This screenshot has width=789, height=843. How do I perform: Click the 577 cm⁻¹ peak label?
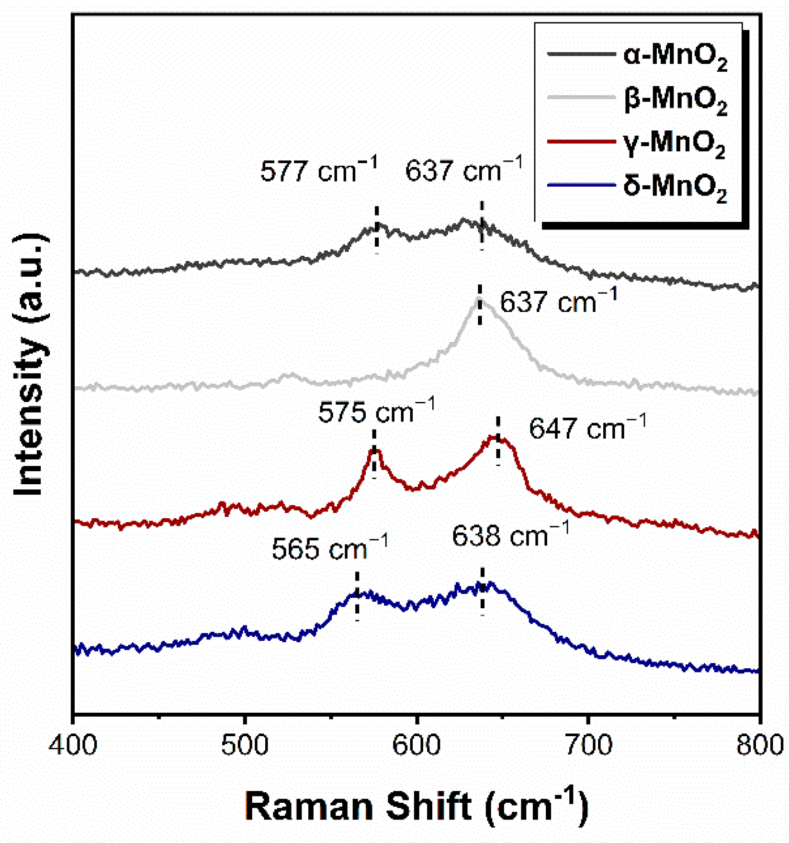pyautogui.click(x=319, y=170)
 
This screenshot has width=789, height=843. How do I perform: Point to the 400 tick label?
pyautogui.click(x=73, y=746)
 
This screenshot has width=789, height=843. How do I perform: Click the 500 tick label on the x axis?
pyautogui.click(x=245, y=746)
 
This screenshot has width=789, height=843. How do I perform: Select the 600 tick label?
pyautogui.click(x=417, y=746)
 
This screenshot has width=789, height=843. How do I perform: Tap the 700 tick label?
pyautogui.click(x=588, y=746)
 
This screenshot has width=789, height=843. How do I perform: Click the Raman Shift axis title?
pyautogui.click(x=417, y=806)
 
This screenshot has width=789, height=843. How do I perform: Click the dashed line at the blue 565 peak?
pyautogui.click(x=357, y=596)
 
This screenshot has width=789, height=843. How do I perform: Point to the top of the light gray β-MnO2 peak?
pyautogui.click(x=479, y=299)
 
